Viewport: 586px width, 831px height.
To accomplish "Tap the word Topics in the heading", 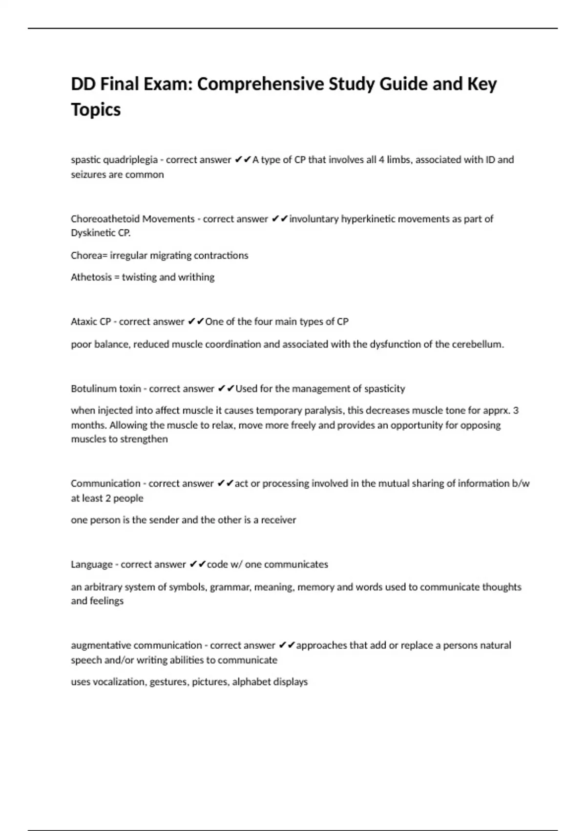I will pos(96,109).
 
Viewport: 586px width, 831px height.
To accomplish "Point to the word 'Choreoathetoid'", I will pos(105,219).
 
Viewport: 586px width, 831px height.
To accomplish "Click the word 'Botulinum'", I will pos(92,389).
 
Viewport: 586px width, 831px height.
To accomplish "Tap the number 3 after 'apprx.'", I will pos(516,410).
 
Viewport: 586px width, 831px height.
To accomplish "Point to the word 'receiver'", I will pos(278,520).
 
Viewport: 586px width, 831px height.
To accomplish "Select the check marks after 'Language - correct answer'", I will pos(197,565).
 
